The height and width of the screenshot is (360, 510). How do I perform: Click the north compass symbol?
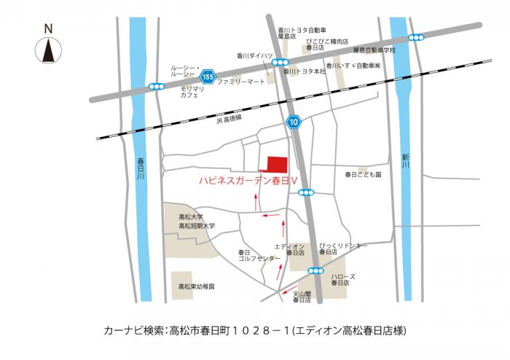(48, 50)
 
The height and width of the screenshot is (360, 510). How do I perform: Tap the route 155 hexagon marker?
(208, 76)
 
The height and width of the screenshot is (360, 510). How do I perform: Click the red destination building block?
(277, 166)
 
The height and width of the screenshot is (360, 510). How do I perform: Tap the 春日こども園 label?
(363, 176)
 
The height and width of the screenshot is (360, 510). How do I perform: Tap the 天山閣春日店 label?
(302, 297)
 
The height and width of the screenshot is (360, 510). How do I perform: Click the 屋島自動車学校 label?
(374, 50)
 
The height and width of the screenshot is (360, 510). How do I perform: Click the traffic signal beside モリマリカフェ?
(157, 87)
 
